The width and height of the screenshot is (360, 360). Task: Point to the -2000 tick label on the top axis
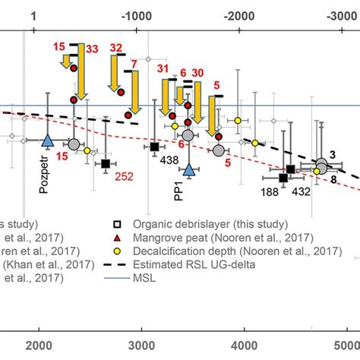coord(238,14)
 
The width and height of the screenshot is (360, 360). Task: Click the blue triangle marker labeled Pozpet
coord(47,141)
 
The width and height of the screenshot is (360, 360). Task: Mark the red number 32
coord(115,48)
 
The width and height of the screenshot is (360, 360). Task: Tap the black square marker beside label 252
coord(106,163)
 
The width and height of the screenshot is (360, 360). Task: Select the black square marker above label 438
coord(154,147)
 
